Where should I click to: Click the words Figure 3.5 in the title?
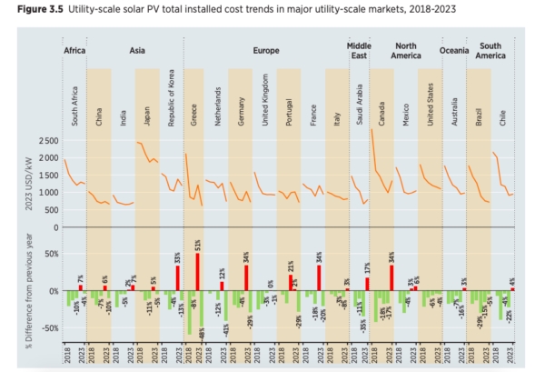30,9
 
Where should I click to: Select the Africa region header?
75,51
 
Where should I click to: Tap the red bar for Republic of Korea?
178,277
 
